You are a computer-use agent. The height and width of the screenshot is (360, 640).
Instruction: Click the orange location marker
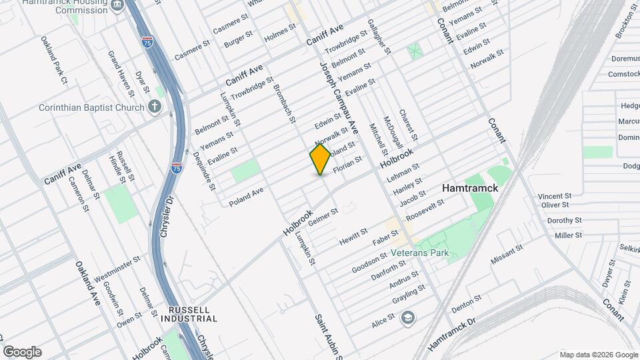click(321, 159)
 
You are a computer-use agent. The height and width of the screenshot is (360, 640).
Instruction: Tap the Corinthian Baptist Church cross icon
click(155, 107)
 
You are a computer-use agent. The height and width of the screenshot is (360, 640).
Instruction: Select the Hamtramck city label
click(469, 189)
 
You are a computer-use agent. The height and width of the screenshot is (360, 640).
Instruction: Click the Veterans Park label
click(420, 253)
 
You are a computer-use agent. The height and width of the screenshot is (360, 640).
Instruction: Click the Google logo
click(22, 352)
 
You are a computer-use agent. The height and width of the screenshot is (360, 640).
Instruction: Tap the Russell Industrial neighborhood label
click(189, 315)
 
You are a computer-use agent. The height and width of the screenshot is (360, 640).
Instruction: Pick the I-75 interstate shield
click(177, 167)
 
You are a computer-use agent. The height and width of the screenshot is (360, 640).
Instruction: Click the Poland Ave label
click(246, 197)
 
